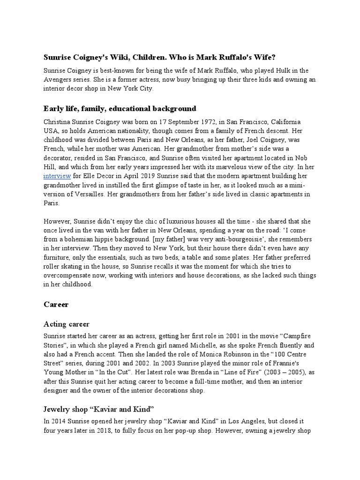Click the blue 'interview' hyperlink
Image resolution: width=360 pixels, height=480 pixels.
(x=57, y=176)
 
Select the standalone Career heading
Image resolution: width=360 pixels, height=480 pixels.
(x=56, y=304)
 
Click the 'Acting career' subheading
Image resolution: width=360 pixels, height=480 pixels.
(x=67, y=324)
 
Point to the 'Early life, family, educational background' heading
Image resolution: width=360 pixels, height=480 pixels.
(x=120, y=108)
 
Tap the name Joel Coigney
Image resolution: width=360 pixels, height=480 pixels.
(x=256, y=140)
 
